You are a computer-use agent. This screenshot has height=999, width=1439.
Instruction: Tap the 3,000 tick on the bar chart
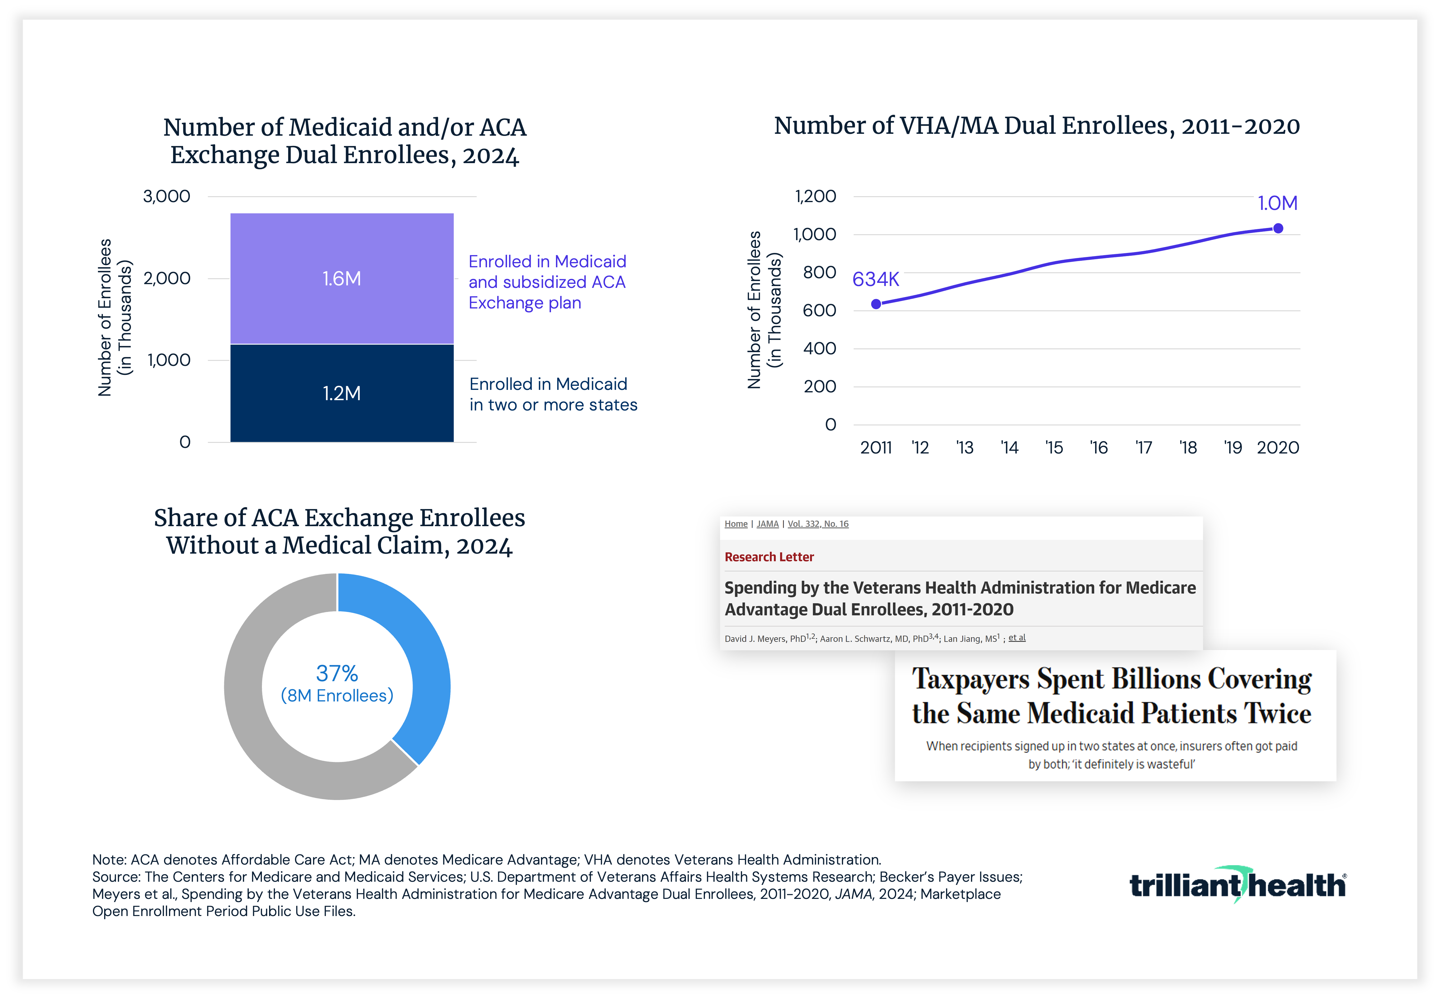click(167, 196)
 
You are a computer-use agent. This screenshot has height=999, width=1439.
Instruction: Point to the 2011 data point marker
click(876, 304)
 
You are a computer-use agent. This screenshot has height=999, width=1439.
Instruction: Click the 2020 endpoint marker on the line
click(1278, 229)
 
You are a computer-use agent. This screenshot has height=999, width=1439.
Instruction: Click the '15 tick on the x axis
click(1054, 448)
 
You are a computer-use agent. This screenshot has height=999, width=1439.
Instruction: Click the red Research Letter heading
click(769, 557)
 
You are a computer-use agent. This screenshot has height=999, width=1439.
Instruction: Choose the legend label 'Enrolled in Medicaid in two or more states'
click(553, 394)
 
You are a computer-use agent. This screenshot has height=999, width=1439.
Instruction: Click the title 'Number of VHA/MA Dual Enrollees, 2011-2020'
click(1037, 126)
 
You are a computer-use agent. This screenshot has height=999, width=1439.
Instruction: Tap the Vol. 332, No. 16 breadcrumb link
click(818, 524)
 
